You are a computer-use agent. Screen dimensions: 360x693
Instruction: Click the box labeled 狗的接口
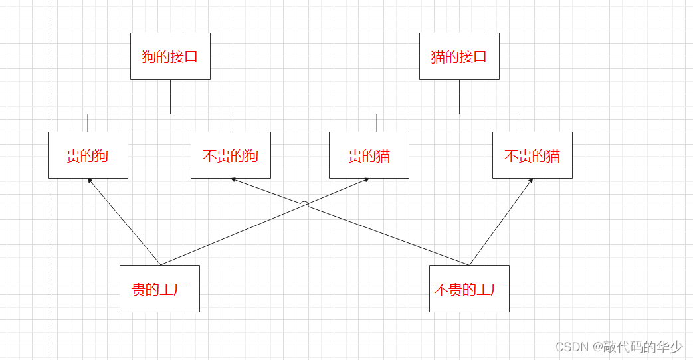pyautogui.click(x=170, y=56)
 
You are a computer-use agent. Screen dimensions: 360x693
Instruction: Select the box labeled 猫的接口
pyautogui.click(x=459, y=56)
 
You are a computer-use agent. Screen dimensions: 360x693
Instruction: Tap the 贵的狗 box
pyautogui.click(x=88, y=155)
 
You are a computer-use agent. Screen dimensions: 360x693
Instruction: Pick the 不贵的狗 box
pyautogui.click(x=231, y=155)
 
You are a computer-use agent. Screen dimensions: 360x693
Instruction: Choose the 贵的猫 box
pyautogui.click(x=369, y=155)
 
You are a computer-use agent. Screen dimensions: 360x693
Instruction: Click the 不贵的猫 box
pyautogui.click(x=532, y=155)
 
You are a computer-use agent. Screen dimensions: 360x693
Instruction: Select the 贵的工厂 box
pyautogui.click(x=159, y=288)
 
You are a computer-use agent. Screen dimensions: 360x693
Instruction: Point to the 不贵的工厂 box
pyautogui.click(x=469, y=288)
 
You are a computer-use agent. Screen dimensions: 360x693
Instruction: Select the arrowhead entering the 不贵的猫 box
pyautogui.click(x=531, y=181)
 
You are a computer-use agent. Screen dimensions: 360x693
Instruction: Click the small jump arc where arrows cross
pyautogui.click(x=304, y=203)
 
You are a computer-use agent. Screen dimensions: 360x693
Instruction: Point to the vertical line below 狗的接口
pyautogui.click(x=170, y=96)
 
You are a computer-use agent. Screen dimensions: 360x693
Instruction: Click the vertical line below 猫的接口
pyautogui.click(x=459, y=96)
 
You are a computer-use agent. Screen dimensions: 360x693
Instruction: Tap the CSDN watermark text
pyautogui.click(x=619, y=346)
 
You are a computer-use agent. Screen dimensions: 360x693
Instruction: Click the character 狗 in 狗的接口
pyautogui.click(x=149, y=56)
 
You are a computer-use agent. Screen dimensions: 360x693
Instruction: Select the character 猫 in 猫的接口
pyautogui.click(x=438, y=56)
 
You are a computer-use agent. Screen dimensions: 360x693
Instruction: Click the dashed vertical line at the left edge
pyautogui.click(x=50, y=199)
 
